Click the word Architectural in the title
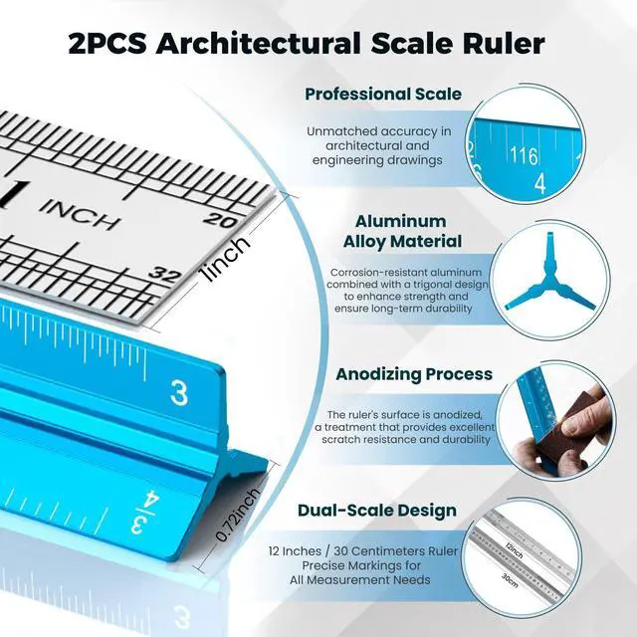point(258,44)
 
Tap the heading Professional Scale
point(383,94)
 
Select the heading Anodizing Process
point(414,374)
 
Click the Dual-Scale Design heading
point(377,511)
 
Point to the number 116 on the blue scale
point(525,155)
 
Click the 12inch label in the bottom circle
point(515,549)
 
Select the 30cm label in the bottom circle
point(510,579)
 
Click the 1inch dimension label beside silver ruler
point(226,259)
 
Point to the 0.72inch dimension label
point(238,516)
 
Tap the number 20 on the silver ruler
point(220,220)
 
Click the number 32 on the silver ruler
point(164,275)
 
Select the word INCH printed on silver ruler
point(81,214)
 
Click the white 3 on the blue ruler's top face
point(179,393)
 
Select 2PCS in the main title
point(107,44)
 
